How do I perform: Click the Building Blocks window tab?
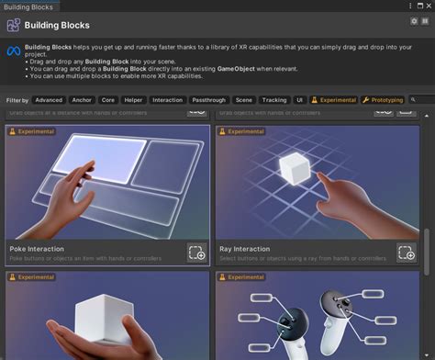[28, 6]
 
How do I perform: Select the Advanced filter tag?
[49, 99]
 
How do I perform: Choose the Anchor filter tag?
[82, 99]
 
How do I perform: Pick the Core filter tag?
[108, 99]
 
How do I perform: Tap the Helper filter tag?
[134, 99]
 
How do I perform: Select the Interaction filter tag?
[168, 99]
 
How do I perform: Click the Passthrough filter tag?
[209, 99]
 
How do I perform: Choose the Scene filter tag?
[244, 99]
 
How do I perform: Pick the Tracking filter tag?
[274, 99]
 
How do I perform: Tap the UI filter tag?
[300, 99]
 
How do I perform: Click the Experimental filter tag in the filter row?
[334, 99]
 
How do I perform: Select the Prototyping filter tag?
[383, 99]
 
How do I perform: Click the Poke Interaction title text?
[38, 249]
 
